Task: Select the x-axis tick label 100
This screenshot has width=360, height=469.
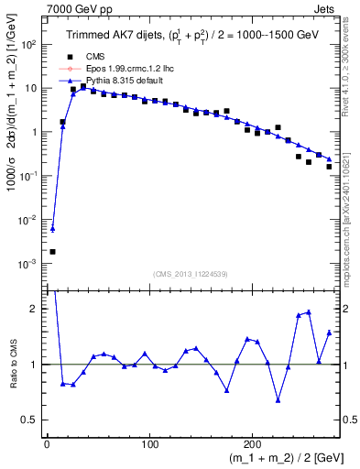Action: (150, 439)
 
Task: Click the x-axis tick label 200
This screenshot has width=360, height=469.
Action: (254, 439)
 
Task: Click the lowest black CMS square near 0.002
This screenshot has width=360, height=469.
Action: (52, 251)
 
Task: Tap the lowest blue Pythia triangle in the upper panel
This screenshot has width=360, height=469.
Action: (52, 229)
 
